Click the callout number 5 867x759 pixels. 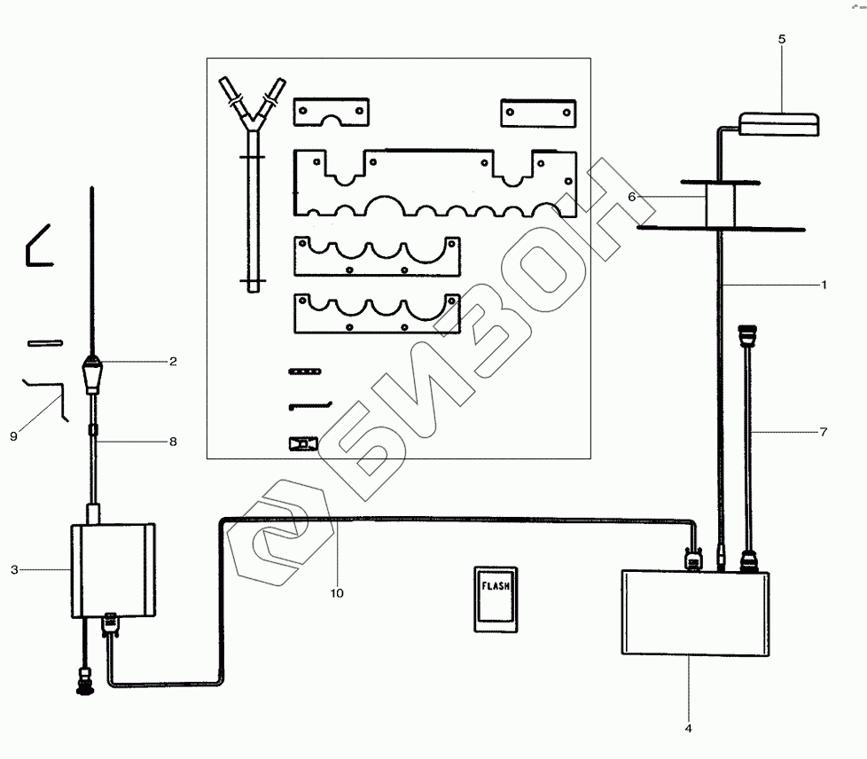click(x=781, y=39)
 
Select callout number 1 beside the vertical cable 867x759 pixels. click(x=824, y=285)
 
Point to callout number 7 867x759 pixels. click(x=824, y=432)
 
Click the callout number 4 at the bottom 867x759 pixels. click(x=688, y=728)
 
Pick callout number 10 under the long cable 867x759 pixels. click(x=338, y=592)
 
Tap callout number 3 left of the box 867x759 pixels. click(x=14, y=569)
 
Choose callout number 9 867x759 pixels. click(x=13, y=435)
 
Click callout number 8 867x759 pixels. click(x=173, y=441)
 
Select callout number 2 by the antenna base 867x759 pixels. click(x=173, y=361)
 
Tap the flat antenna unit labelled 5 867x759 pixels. click(x=779, y=122)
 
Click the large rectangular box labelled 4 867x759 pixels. click(x=696, y=613)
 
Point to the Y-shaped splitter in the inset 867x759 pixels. click(x=253, y=177)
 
